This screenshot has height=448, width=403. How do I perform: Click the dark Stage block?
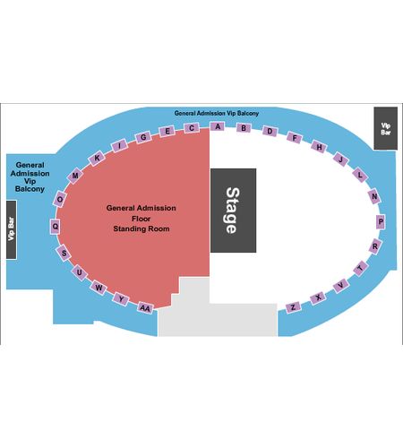click(233, 211)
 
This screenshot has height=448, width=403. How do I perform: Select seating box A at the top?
click(218, 126)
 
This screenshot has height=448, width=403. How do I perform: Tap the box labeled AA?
click(145, 308)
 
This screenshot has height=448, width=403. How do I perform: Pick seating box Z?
click(293, 307)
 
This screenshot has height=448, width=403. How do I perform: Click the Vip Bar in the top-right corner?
click(385, 128)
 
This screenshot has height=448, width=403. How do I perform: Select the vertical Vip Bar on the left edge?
click(12, 229)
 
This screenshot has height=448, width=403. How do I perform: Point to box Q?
click(56, 227)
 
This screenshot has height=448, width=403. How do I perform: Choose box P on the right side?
click(381, 221)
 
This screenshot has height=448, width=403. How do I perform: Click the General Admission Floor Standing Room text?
click(141, 219)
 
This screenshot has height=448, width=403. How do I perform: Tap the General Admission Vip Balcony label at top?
click(217, 113)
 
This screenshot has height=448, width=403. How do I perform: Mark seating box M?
click(75, 176)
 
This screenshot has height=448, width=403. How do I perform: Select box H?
click(319, 147)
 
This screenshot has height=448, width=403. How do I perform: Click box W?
click(99, 288)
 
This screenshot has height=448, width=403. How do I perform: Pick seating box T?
click(361, 268)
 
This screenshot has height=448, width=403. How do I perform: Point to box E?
click(167, 131)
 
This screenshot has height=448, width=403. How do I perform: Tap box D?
click(270, 131)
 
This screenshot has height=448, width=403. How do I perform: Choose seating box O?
click(60, 199)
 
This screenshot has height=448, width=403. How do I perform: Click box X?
click(318, 297)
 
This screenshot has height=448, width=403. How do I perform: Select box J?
click(340, 159)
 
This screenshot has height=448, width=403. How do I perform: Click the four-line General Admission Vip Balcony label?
click(30, 177)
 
